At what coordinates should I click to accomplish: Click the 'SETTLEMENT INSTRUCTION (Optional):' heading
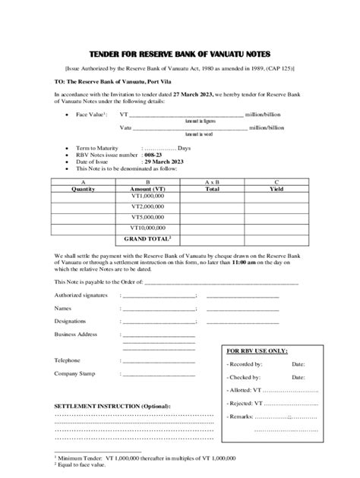point(112,406)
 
